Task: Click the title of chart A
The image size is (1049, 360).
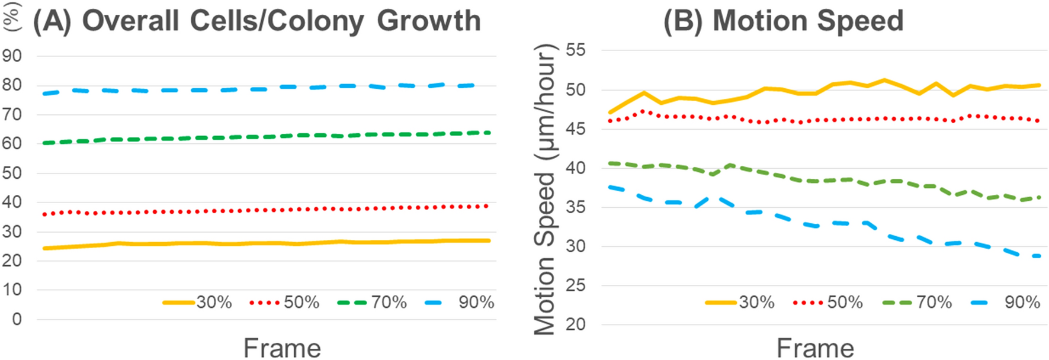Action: pyautogui.click(x=256, y=21)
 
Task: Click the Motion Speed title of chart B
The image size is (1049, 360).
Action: pyautogui.click(x=783, y=21)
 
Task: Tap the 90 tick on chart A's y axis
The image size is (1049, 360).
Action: pyautogui.click(x=12, y=56)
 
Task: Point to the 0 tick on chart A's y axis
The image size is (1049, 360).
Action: pyautogui.click(x=17, y=320)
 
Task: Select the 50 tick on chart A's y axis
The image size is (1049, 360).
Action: pyautogui.click(x=12, y=173)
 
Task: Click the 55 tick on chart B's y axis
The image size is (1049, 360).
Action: pyautogui.click(x=575, y=50)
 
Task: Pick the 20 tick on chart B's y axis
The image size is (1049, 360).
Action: pyautogui.click(x=575, y=324)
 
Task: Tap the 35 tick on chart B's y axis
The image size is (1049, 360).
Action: pyautogui.click(x=575, y=207)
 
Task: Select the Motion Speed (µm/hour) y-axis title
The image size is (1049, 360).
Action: pyautogui.click(x=545, y=189)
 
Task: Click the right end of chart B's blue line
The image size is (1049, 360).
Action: pyautogui.click(x=1040, y=256)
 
